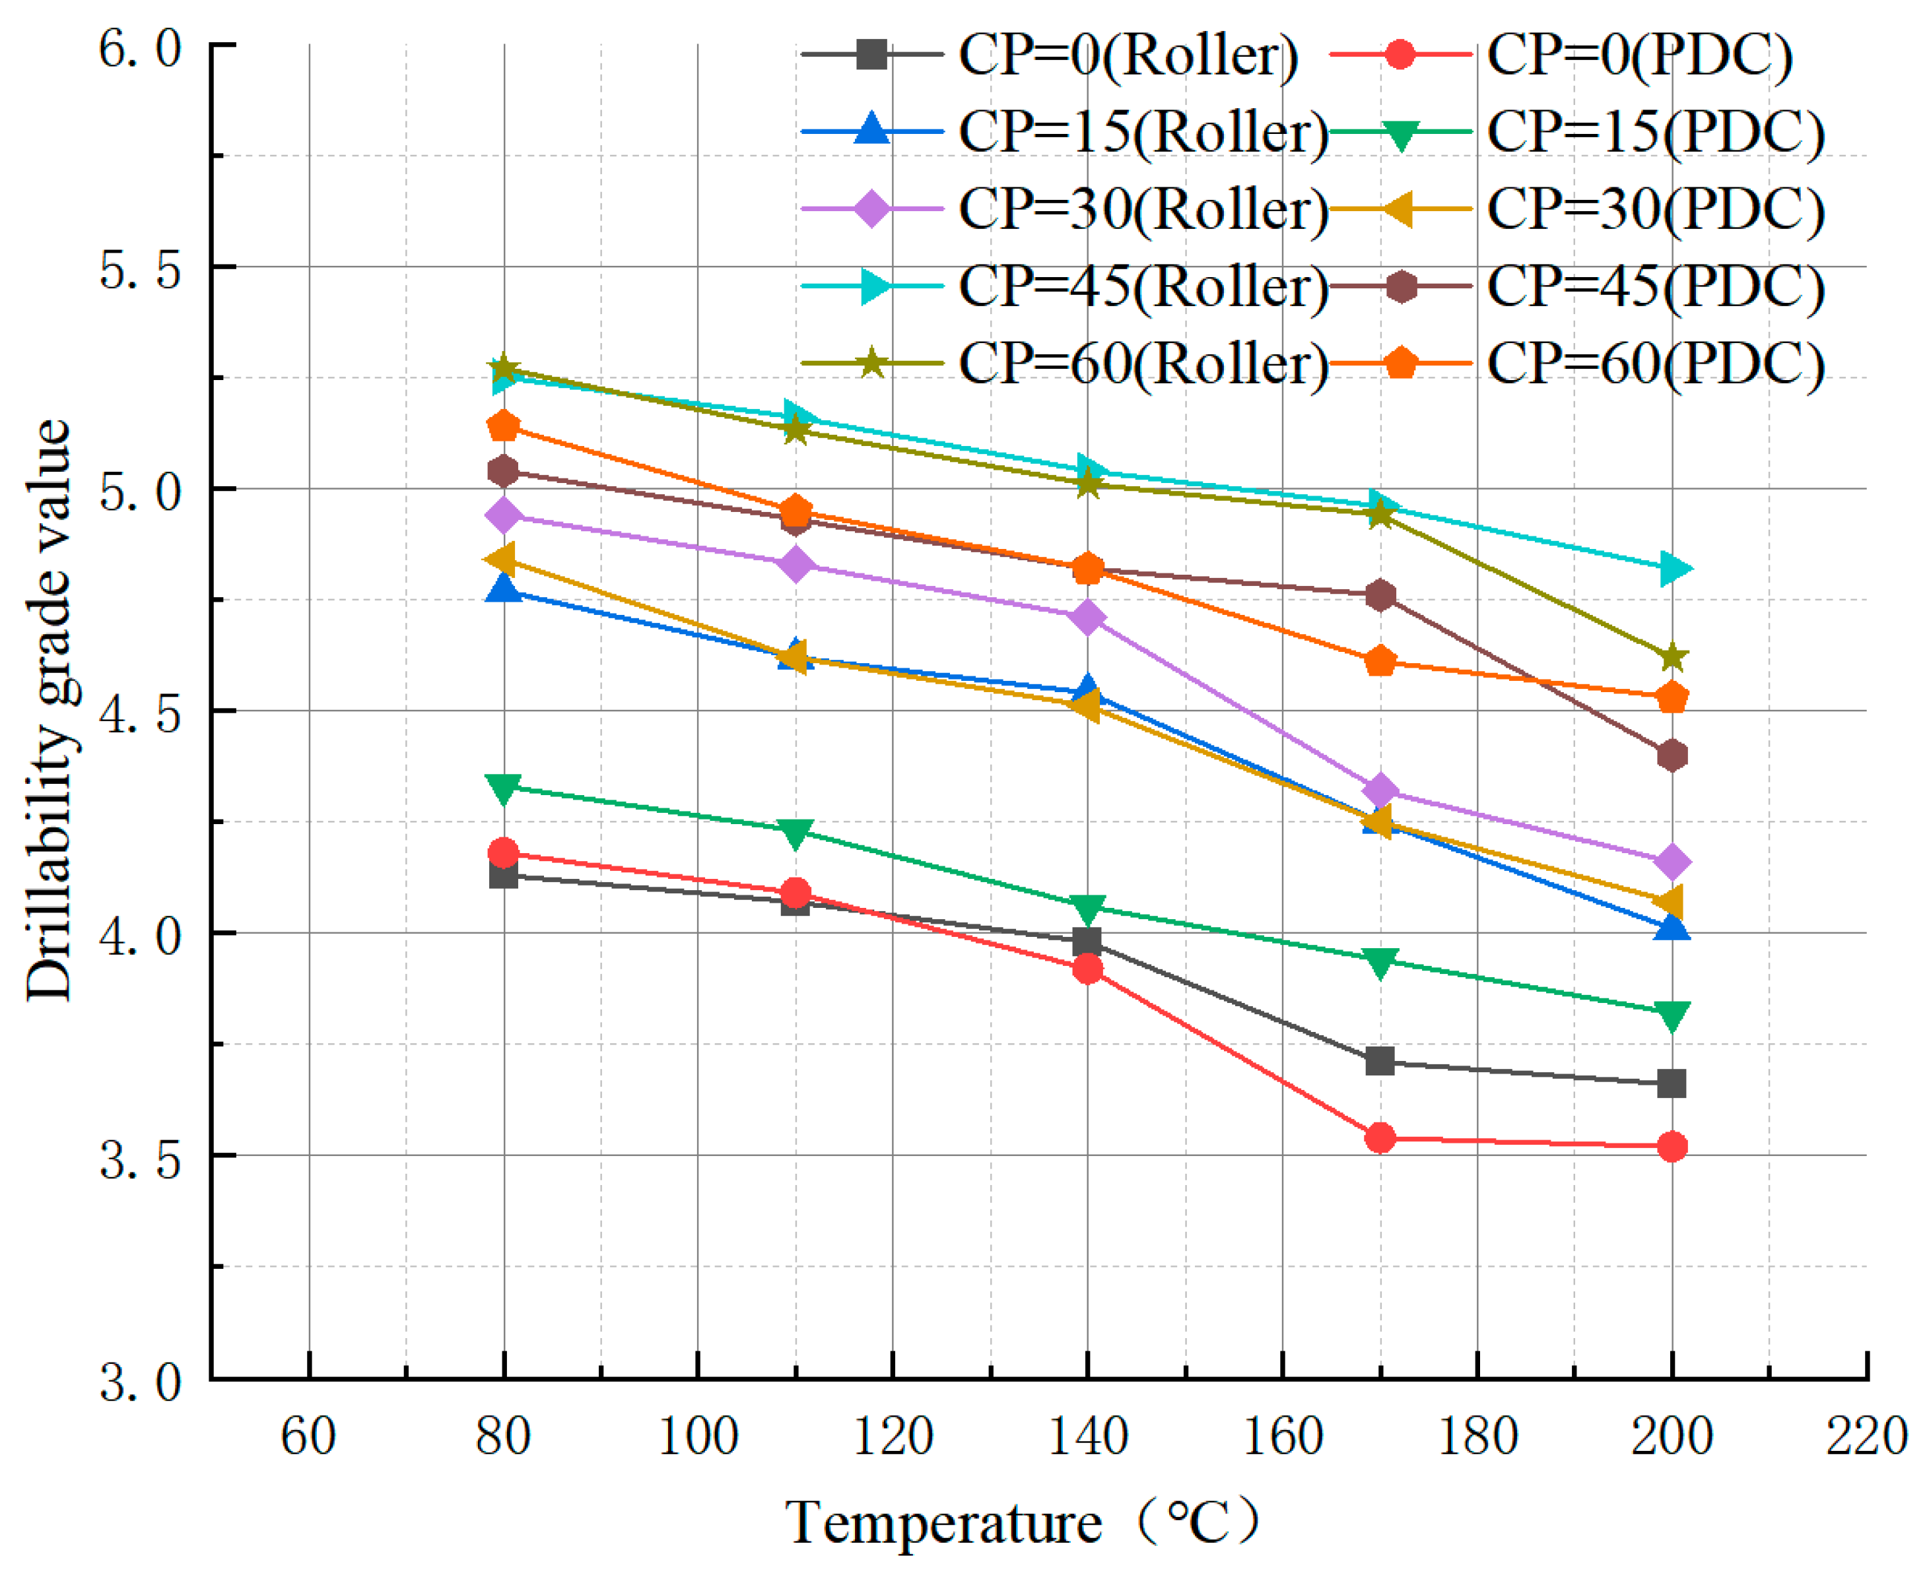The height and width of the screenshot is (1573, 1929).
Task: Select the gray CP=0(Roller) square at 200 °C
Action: [x=1672, y=1083]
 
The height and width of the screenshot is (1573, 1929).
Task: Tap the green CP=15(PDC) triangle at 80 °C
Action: [x=503, y=786]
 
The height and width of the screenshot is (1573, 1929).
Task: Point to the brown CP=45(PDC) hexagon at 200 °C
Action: [x=1672, y=755]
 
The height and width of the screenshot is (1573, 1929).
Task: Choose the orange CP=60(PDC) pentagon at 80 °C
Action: [x=503, y=425]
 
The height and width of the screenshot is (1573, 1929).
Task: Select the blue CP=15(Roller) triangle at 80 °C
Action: [x=503, y=590]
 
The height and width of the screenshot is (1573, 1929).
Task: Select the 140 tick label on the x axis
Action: [x=1087, y=1436]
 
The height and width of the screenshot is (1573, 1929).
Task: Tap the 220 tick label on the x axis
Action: [x=1866, y=1436]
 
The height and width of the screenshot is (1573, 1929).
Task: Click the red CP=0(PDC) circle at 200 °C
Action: [x=1672, y=1146]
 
